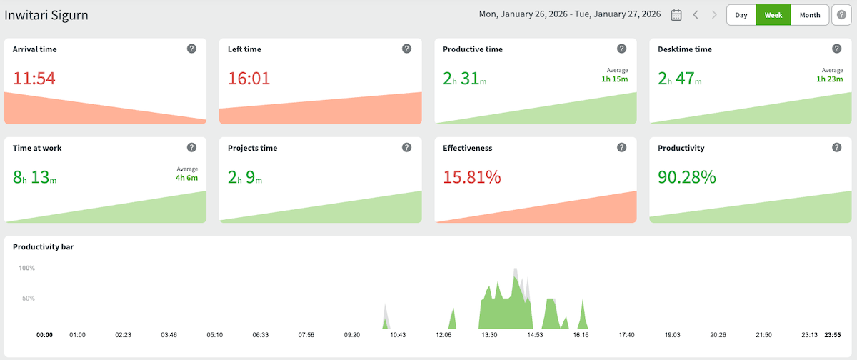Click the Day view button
coord(741,15)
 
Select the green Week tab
coord(773,15)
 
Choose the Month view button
coord(810,15)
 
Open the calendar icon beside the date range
coord(676,15)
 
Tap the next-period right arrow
coord(713,15)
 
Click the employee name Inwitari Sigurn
coord(46,15)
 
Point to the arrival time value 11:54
coord(34,79)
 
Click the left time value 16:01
coord(249,79)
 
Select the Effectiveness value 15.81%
coord(472,177)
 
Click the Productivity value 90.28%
coord(687,177)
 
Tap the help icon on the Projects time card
coord(406,147)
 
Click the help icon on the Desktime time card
coord(836,49)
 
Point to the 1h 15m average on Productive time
coord(614,79)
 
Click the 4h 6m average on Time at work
coord(186,177)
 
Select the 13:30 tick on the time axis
coord(489,334)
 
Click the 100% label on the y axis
coord(26,269)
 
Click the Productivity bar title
coord(44,247)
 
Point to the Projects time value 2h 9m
coord(245,177)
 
